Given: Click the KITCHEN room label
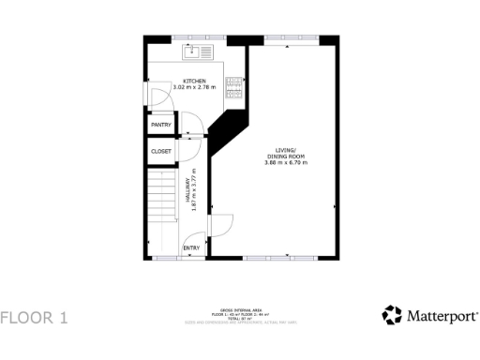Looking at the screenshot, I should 194,81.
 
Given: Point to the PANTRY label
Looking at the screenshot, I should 161,124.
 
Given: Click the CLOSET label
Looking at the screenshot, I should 161,150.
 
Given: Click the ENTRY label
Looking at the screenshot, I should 190,247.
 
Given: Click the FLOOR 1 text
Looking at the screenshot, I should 35,317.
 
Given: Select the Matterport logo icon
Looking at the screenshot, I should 391,315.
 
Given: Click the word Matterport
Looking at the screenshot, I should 442,316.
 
